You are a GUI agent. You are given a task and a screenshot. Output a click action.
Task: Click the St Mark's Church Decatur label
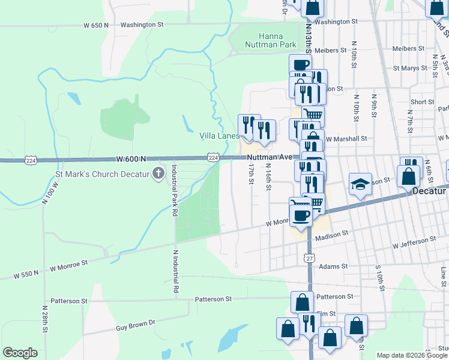click(x=101, y=175)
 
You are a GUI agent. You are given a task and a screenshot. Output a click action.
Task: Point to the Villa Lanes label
click(x=220, y=136)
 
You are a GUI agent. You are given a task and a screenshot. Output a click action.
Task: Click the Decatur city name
click(x=430, y=191)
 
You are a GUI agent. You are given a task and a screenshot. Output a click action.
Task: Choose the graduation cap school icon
click(x=360, y=184)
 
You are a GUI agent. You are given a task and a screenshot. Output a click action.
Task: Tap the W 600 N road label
click(x=131, y=158)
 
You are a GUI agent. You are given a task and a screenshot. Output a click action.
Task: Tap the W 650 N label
click(x=96, y=25)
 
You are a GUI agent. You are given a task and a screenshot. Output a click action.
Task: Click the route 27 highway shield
click(x=310, y=257)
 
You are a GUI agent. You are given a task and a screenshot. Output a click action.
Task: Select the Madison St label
click(x=332, y=235)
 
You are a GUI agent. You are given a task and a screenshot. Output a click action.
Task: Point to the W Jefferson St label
click(x=414, y=242)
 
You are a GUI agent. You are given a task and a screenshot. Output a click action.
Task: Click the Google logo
click(x=20, y=353)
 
